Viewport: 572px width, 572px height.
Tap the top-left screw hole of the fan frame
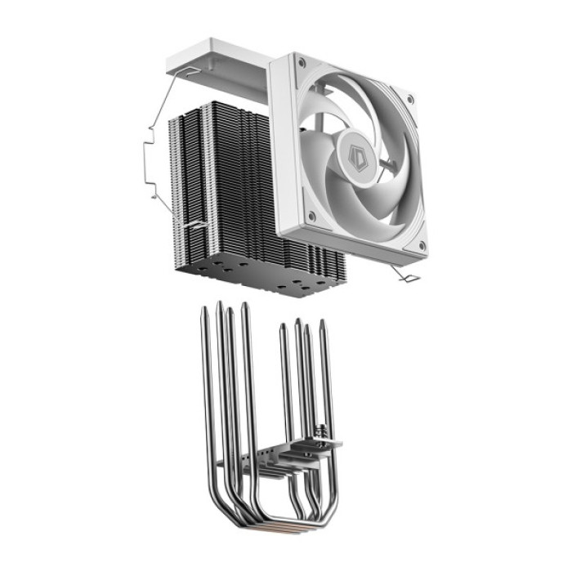(x=302, y=63)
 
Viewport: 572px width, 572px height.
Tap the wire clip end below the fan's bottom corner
(x=409, y=279)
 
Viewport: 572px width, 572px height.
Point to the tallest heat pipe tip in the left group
(x=219, y=305)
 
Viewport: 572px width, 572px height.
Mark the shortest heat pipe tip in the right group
(x=283, y=328)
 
